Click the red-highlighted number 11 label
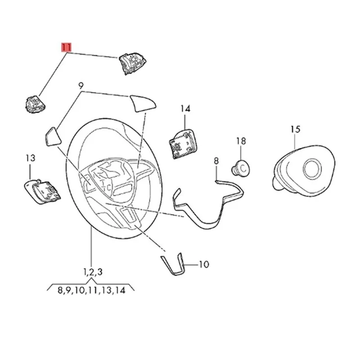[66, 47]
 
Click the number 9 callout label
[81, 85]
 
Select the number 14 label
[185, 109]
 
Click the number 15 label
[295, 130]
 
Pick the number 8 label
[216, 160]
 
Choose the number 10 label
[203, 265]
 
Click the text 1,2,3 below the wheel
[92, 272]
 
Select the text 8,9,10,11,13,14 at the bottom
[90, 291]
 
